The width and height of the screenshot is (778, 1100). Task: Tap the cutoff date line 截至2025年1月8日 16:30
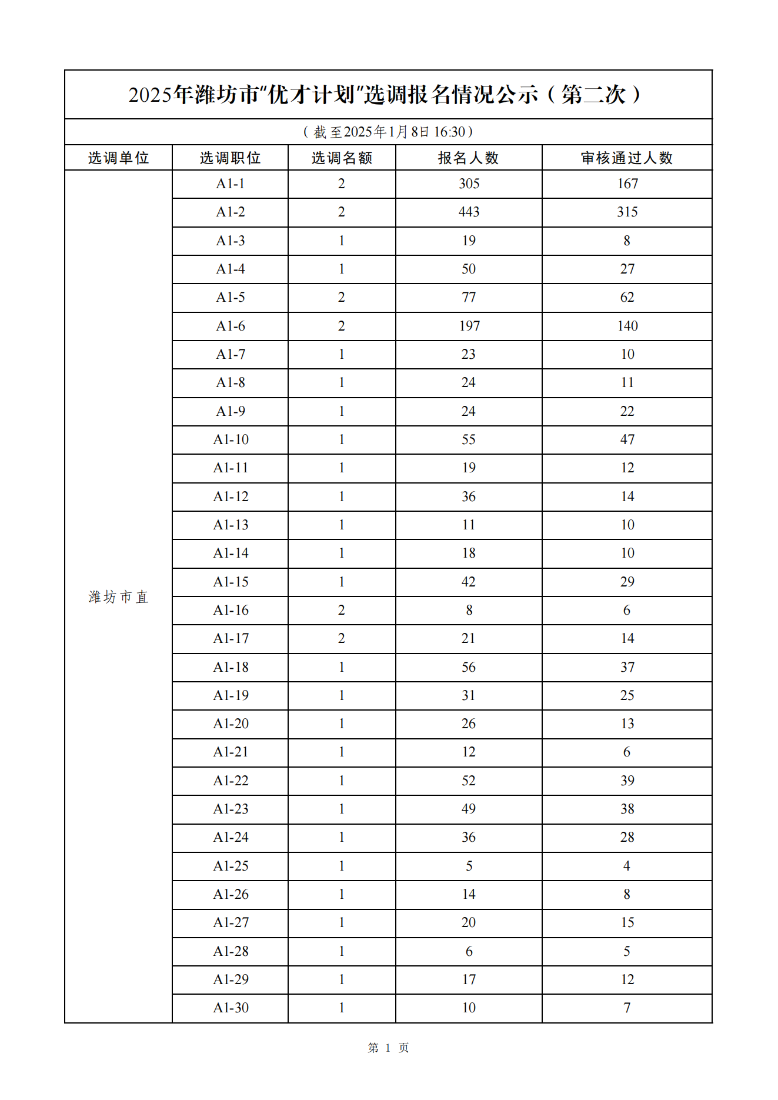388,132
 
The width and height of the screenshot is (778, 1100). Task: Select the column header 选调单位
118,158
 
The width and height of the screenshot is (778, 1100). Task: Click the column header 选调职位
230,158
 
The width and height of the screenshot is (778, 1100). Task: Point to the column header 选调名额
342,158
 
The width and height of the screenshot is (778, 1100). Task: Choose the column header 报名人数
469,158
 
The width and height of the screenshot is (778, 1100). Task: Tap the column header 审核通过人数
627,158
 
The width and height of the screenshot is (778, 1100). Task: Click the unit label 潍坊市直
118,596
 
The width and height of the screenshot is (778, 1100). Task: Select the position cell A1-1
230,184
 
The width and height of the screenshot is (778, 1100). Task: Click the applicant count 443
469,212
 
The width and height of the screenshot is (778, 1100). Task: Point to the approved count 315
627,212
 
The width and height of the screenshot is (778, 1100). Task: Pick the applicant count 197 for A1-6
469,326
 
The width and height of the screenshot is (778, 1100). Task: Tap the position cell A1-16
231,610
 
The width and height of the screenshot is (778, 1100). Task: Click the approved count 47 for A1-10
627,439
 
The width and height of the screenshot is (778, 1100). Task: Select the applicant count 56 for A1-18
469,667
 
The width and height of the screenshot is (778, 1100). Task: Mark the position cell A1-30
231,1008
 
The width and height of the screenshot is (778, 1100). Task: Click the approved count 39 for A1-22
627,781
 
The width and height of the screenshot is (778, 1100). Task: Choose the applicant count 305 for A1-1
469,184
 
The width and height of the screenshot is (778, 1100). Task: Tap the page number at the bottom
388,1048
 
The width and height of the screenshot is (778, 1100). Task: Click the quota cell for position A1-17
342,638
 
